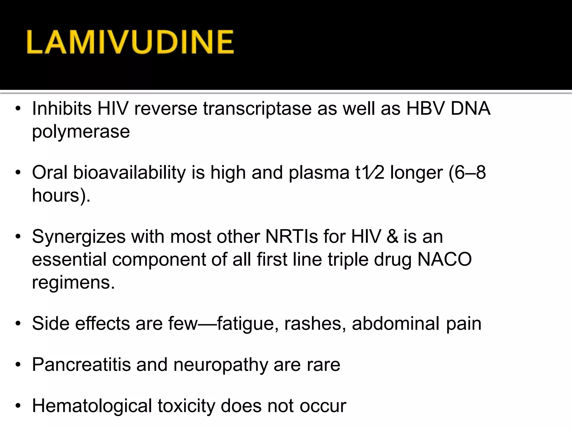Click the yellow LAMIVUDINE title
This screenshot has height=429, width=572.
(x=130, y=42)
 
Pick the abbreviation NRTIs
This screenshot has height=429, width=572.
(x=292, y=237)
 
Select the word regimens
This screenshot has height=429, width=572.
(x=73, y=282)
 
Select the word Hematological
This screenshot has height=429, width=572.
(x=92, y=406)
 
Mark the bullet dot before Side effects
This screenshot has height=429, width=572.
(x=18, y=324)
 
